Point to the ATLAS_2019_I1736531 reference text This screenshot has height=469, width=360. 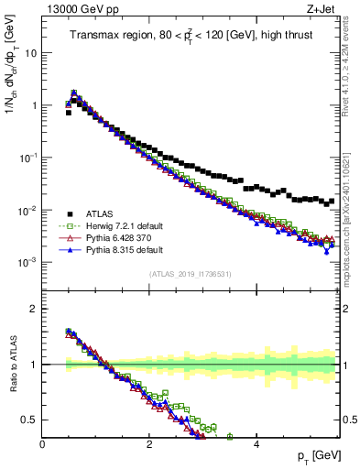(190, 274)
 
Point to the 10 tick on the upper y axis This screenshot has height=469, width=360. (29, 53)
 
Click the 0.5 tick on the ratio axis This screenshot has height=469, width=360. (27, 420)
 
